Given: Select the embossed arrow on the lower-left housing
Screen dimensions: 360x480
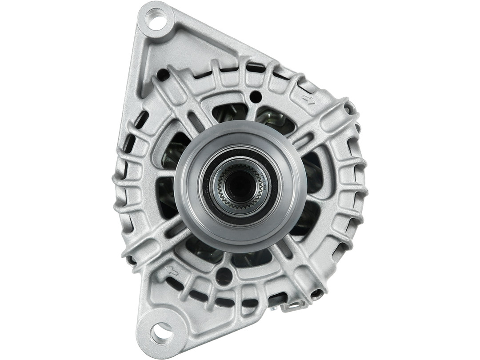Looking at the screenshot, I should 172,270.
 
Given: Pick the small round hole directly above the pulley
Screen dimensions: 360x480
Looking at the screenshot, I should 255,96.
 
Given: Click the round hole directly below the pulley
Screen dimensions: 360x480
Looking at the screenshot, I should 224,276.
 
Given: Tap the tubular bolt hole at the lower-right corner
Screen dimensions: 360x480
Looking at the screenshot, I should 317,293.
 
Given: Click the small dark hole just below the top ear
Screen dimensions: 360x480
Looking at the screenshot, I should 163,74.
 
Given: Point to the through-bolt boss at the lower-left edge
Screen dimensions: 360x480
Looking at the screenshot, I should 130,259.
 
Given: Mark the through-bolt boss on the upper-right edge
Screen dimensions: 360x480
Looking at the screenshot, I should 350,108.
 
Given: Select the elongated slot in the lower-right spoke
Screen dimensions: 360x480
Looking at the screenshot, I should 284,249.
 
